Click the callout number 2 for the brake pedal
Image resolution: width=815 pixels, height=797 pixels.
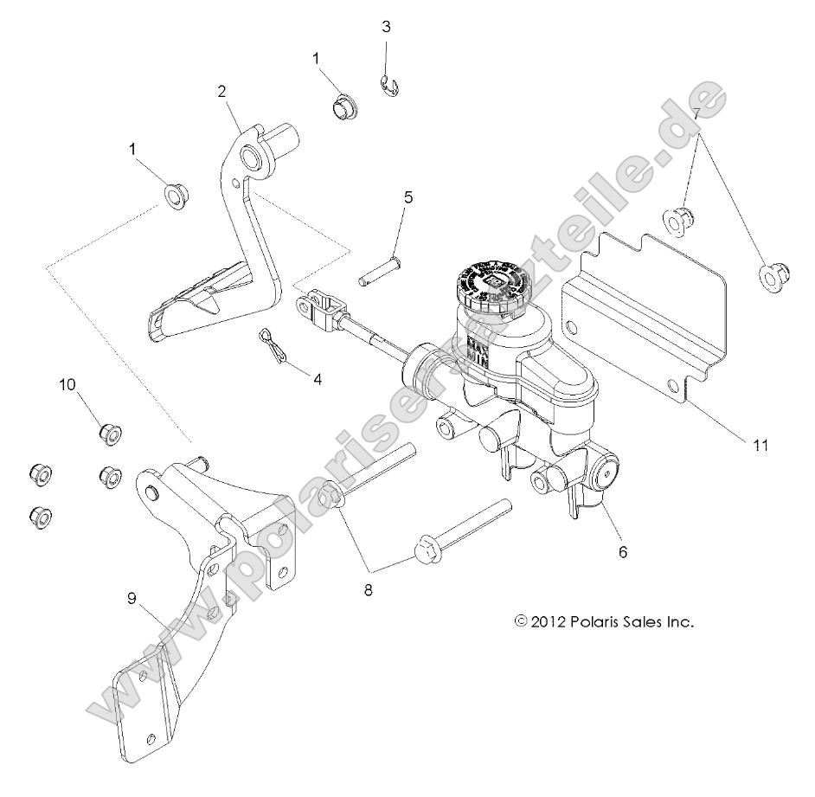[x=222, y=90]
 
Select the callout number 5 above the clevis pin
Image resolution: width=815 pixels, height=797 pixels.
[x=407, y=196]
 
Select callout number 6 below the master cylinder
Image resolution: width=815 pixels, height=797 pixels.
[x=623, y=550]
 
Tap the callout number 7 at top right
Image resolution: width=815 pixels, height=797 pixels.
[x=694, y=113]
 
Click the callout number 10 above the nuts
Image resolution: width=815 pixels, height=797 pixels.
[x=67, y=384]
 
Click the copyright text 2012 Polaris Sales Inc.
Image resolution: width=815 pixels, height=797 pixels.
[x=605, y=620]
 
